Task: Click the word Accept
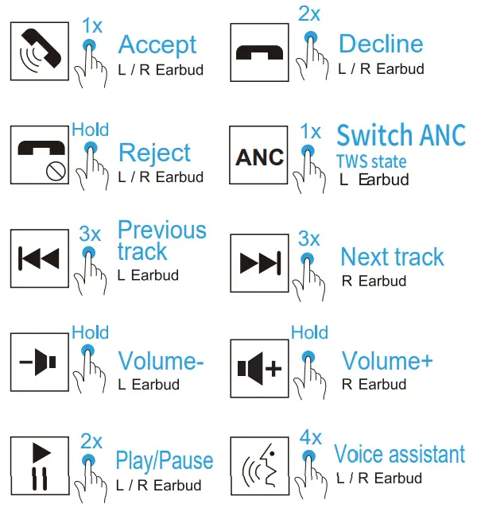point(157,45)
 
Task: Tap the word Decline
point(381,44)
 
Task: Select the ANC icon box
point(259,156)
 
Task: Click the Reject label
point(154,153)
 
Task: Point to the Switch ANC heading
point(401,135)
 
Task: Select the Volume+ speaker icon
point(259,368)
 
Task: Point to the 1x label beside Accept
point(91,25)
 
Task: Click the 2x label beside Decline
point(308,13)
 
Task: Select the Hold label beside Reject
point(90,130)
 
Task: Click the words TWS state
point(371,162)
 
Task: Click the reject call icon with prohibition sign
point(38,156)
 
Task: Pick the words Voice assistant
point(399,455)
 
